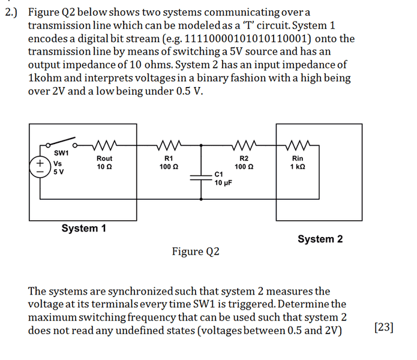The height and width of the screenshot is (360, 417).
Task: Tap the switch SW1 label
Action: click(61, 153)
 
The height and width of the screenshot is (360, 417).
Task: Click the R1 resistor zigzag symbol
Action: click(167, 145)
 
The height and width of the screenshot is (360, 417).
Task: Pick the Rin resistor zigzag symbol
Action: click(298, 145)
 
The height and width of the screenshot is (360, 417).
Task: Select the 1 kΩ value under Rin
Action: click(297, 166)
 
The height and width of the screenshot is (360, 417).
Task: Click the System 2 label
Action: click(320, 239)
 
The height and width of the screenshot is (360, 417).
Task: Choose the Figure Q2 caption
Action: click(196, 251)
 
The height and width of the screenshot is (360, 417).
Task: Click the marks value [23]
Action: click(383, 327)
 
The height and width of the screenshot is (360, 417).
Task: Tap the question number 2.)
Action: click(12, 12)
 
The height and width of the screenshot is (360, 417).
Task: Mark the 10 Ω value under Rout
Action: click(104, 166)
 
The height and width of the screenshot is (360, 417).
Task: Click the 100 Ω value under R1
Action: click(168, 166)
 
